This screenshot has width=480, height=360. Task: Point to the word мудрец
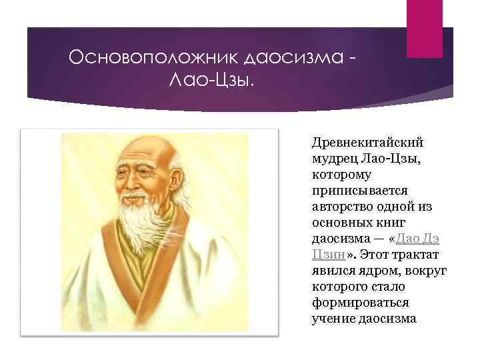(333, 159)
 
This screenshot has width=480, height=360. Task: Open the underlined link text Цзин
(327, 255)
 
